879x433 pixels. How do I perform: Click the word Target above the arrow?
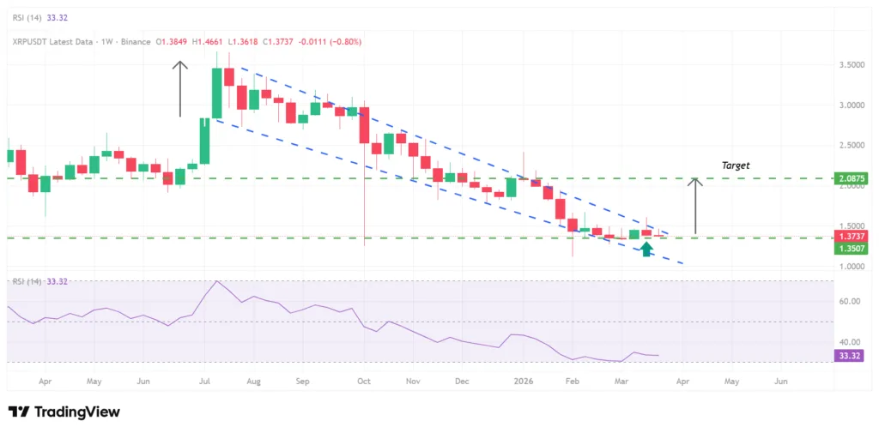tap(735, 164)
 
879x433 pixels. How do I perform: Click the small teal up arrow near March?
tap(646, 249)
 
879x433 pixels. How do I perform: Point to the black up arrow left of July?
tap(179, 88)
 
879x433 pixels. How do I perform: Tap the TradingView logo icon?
tap(17, 412)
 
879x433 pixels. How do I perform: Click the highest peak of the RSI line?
tap(217, 281)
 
